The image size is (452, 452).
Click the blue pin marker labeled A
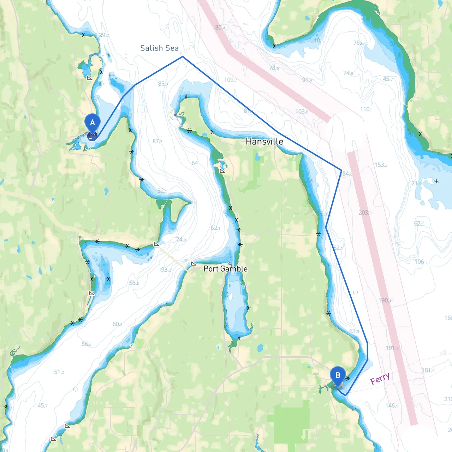point(93,123)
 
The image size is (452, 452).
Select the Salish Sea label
point(159,48)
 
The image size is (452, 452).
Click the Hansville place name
point(264,142)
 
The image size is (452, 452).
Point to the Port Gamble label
point(225,269)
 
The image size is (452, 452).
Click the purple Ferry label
point(380,379)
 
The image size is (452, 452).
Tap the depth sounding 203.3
point(365,213)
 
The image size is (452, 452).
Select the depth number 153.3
point(381,165)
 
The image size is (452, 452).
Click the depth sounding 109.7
point(230,80)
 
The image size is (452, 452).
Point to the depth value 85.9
point(163,84)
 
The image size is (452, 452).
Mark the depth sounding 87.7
point(157,141)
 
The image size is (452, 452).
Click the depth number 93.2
point(166,270)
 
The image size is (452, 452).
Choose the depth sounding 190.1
point(385,300)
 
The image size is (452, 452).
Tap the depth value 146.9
point(392,405)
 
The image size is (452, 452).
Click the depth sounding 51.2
point(59,372)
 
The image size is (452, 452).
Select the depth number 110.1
point(366,109)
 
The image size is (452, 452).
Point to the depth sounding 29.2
point(104,35)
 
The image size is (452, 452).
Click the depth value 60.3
point(118,324)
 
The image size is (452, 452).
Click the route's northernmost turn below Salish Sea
point(183,56)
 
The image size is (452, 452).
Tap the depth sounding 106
point(419,262)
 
